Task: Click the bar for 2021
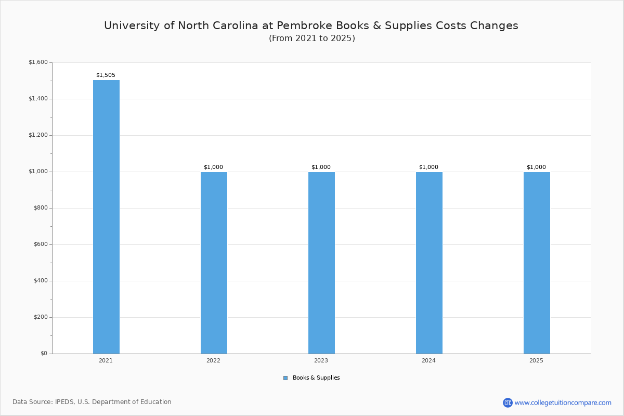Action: coord(106,217)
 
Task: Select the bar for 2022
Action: coord(214,263)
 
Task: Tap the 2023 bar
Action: coord(321,263)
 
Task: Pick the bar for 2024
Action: coord(429,263)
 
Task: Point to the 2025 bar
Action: coord(537,263)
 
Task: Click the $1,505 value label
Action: coord(106,75)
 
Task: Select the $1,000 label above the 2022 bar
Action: coord(213,167)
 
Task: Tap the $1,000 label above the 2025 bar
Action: coord(536,167)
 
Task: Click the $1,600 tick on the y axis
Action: coord(38,62)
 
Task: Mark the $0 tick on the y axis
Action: coord(43,354)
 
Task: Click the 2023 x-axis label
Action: coord(321,360)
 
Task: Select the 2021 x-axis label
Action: coord(106,360)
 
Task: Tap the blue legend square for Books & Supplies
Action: coord(285,378)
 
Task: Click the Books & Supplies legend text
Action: coord(316,378)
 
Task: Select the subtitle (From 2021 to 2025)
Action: coord(312,38)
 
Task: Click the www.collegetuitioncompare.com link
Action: coord(563,402)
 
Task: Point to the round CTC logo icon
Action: coord(508,402)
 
